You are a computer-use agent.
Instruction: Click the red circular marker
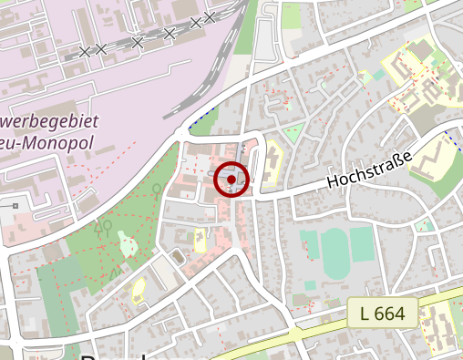231,180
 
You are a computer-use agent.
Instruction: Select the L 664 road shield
382,314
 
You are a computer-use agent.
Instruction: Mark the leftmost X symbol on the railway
85,52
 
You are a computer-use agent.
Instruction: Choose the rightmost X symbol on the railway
210,17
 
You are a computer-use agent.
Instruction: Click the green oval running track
334,253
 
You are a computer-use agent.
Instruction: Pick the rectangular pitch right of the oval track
362,244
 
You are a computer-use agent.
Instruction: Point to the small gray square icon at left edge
15,206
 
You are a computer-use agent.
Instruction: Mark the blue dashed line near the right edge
451,139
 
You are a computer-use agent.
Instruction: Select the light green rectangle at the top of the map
292,14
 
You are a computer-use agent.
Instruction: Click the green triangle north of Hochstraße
293,134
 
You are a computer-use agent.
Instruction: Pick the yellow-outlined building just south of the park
139,291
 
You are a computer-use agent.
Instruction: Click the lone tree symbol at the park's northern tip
157,190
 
